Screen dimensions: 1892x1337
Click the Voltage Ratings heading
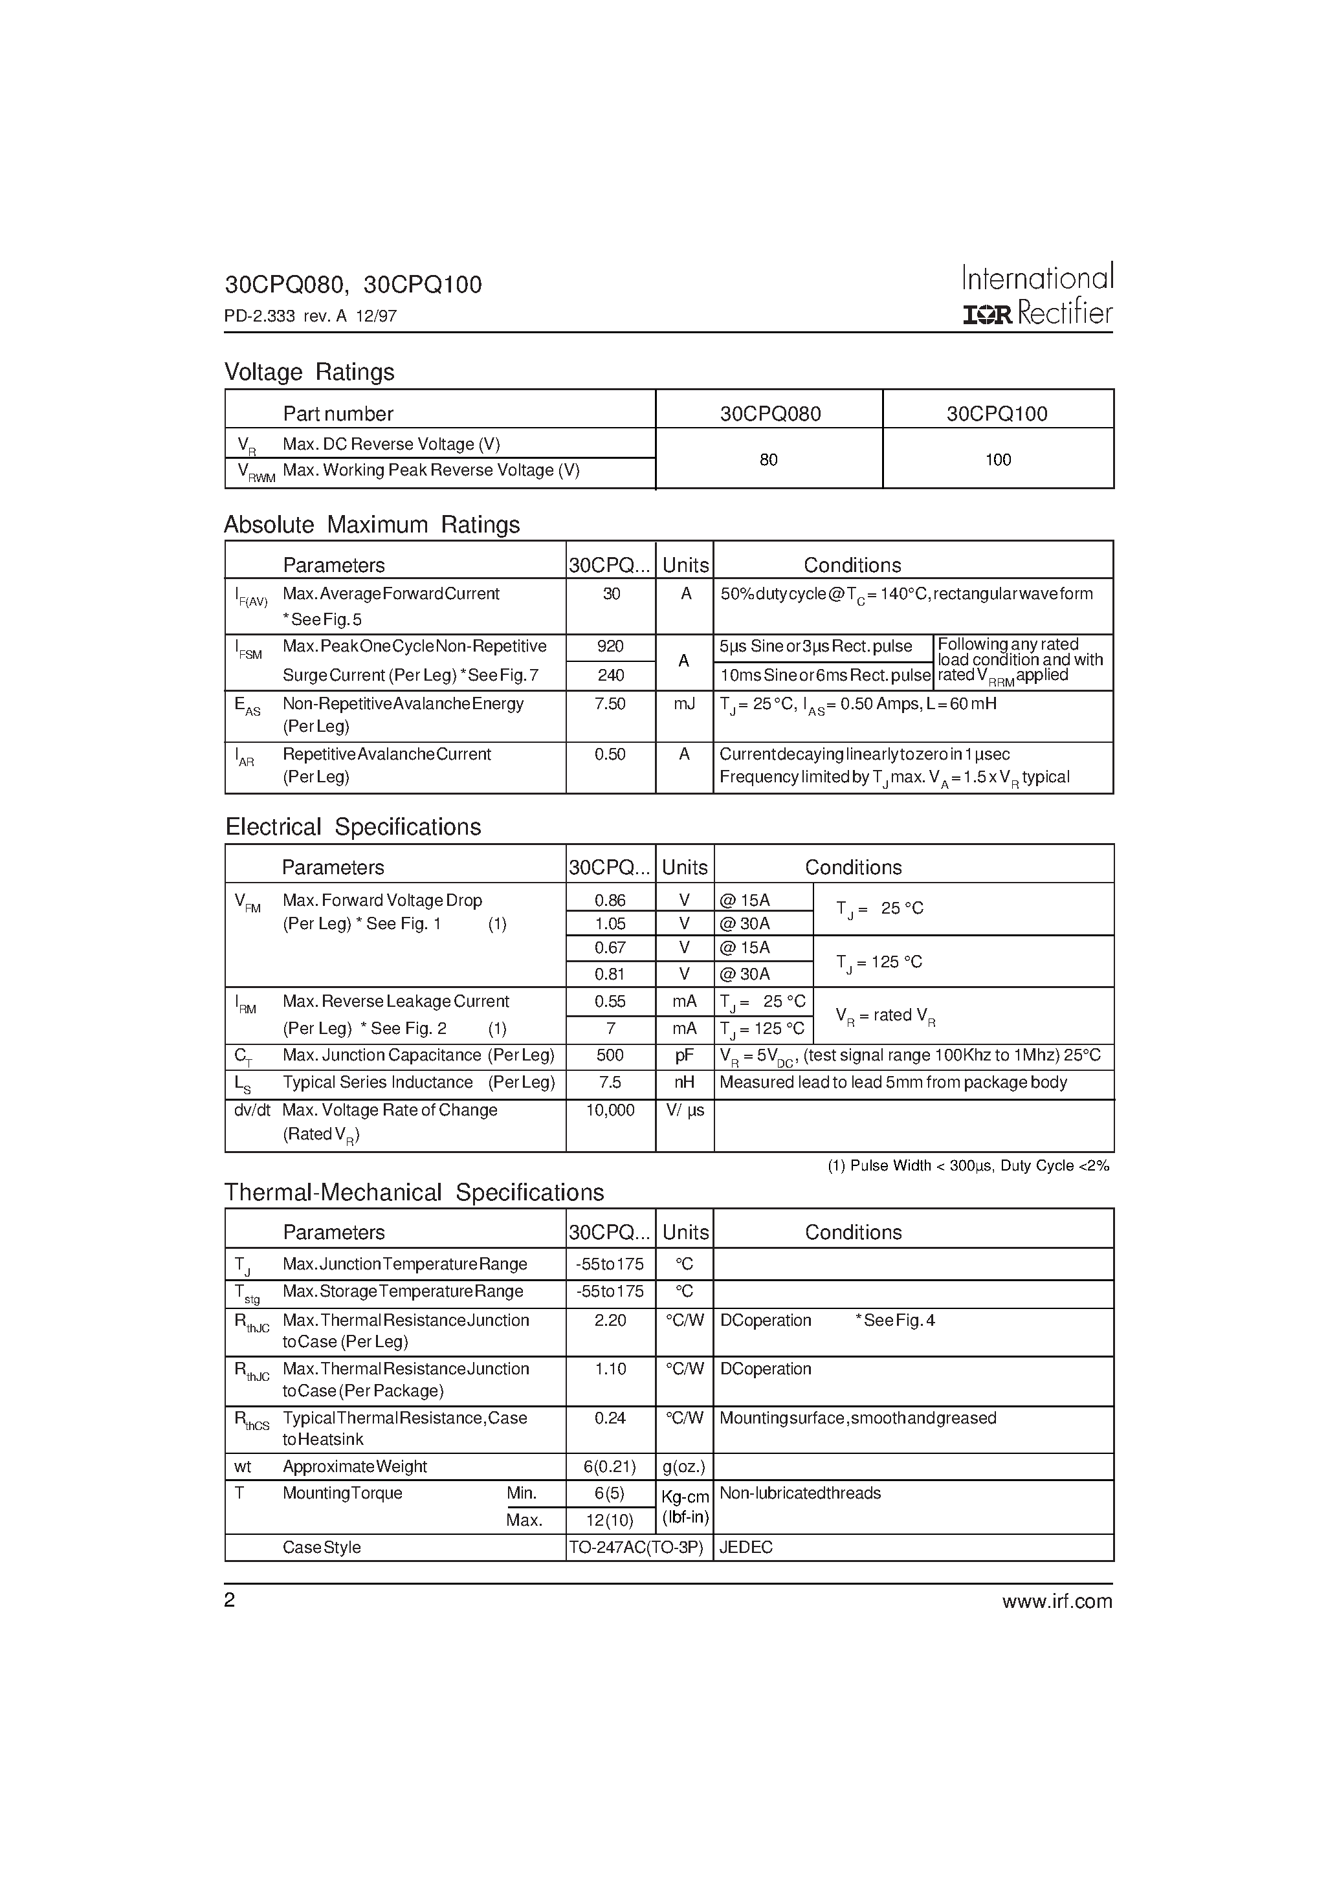pos(309,373)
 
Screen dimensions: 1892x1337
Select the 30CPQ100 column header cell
pos(997,413)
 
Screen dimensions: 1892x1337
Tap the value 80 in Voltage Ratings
pos(768,460)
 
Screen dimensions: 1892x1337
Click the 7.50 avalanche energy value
pos(610,704)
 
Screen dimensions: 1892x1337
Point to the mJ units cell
pos(684,704)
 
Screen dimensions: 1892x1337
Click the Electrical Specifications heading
pos(353,828)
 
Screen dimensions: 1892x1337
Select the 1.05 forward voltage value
pos(610,924)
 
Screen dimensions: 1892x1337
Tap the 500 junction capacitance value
pos(610,1055)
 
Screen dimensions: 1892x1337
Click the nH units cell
pos(684,1083)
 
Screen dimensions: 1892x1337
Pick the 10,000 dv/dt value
pos(610,1111)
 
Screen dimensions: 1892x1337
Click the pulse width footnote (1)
pos(969,1166)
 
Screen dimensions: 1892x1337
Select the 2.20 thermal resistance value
pos(610,1321)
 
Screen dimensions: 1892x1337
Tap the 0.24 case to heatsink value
pos(610,1418)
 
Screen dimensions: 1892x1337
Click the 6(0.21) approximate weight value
pos(610,1467)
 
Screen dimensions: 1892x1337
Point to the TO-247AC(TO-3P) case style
pos(635,1548)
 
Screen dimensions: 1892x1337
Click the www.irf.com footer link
pos(1057,1601)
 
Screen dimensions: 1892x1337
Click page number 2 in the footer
pos(230,1600)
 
